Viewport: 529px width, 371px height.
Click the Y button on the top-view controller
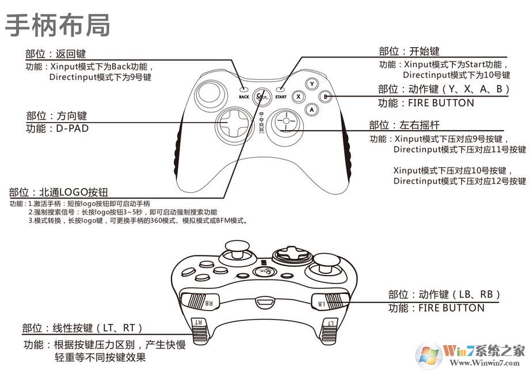[x=312, y=84]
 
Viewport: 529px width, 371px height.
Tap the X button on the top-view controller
[x=299, y=97]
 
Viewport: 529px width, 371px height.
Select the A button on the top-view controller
[x=312, y=109]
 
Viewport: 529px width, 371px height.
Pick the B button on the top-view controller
[x=325, y=97]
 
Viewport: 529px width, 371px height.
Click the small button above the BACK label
[x=244, y=90]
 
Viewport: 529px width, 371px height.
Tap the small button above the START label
[x=280, y=90]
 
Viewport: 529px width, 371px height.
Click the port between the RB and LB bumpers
[x=265, y=301]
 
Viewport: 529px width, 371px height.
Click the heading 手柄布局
[x=58, y=25]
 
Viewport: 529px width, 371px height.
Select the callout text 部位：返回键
[x=55, y=54]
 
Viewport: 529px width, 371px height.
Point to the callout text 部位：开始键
[x=409, y=52]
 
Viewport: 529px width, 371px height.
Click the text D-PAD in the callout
[x=73, y=128]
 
